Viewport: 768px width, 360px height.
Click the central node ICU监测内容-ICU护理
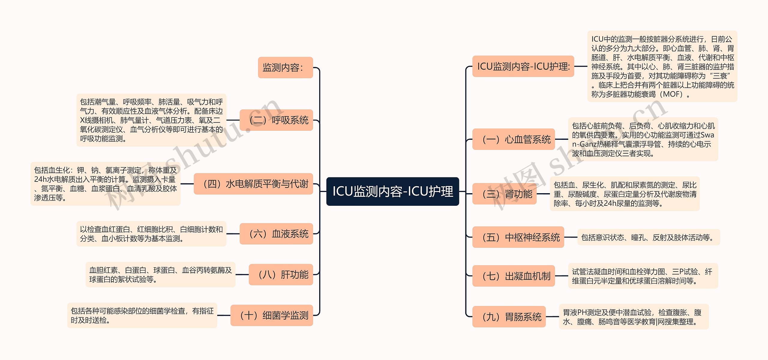click(x=392, y=191)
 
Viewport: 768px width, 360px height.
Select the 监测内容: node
click(x=285, y=67)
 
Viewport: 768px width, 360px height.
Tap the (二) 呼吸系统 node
click(x=276, y=120)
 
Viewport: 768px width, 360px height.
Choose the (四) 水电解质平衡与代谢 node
click(x=253, y=184)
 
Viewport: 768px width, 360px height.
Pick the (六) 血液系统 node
click(x=276, y=234)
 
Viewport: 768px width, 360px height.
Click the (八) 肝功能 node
click(x=281, y=274)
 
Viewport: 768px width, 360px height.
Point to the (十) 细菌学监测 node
click(x=271, y=315)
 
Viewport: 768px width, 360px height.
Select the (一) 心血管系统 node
click(x=514, y=139)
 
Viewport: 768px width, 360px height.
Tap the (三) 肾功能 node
click(x=504, y=194)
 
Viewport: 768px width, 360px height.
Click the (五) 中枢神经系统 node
click(x=518, y=237)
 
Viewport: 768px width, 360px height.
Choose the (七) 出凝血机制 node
click(x=514, y=276)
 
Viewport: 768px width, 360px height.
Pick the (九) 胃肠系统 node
click(x=509, y=316)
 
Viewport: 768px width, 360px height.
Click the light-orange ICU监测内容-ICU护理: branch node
click(x=523, y=66)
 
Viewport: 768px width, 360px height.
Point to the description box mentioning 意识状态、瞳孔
click(x=648, y=237)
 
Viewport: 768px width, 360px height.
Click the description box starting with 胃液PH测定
click(x=634, y=317)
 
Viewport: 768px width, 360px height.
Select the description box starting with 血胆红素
click(x=160, y=274)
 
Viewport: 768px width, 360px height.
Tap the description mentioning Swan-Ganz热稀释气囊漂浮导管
click(x=643, y=139)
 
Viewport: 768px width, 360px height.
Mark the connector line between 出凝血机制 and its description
click(x=561, y=276)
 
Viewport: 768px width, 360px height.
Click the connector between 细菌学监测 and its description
click(x=223, y=315)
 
